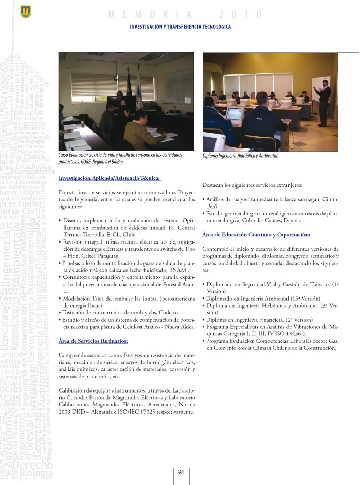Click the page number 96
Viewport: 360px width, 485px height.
pyautogui.click(x=181, y=472)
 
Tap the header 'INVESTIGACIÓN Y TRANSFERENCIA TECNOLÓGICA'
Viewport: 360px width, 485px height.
pyautogui.click(x=181, y=27)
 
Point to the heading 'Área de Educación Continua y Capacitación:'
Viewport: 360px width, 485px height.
pyautogui.click(x=256, y=234)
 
